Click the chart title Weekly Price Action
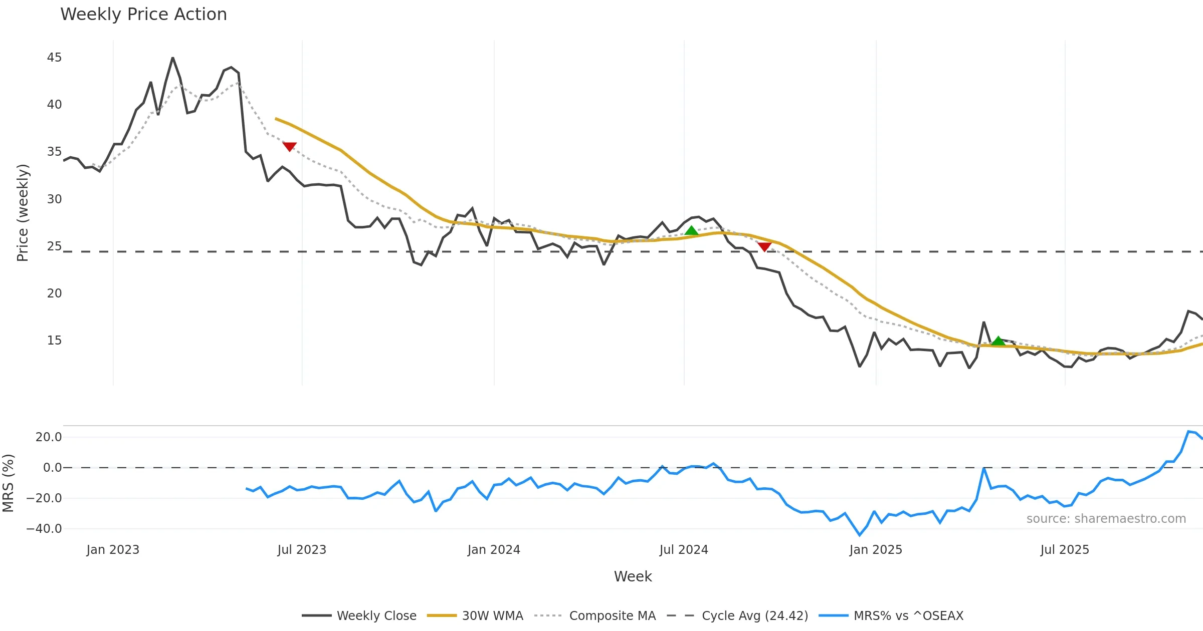coord(143,15)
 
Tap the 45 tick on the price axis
coord(54,58)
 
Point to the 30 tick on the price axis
coord(54,199)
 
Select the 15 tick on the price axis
coord(54,341)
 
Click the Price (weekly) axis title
coord(23,213)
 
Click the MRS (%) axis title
coord(8,483)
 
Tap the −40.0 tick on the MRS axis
coord(44,529)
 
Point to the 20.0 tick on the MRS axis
coord(49,437)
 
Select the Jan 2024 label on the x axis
coord(494,550)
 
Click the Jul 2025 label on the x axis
coord(1065,550)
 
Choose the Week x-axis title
coord(633,577)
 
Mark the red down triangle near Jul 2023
coord(289,146)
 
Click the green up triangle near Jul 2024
coord(691,230)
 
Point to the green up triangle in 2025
coord(998,341)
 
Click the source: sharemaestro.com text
coord(1106,519)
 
